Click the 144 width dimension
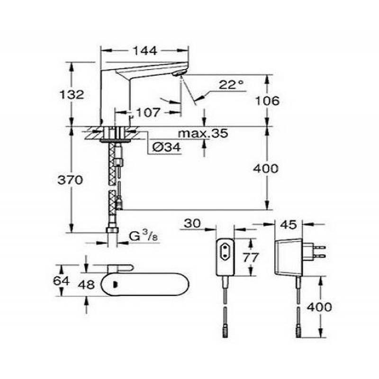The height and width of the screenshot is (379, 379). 145,51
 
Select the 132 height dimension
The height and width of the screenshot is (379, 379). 72,94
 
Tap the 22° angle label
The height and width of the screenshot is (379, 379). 231,85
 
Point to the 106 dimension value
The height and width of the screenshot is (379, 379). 267,100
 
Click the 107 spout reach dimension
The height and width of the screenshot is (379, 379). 148,112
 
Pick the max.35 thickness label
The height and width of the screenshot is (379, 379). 203,133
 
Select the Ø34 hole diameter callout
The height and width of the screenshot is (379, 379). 167,147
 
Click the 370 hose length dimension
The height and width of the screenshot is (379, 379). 70,180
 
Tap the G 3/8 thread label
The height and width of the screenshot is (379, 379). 144,236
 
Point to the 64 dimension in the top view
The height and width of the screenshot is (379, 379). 61,281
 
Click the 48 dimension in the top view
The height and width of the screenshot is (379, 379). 86,285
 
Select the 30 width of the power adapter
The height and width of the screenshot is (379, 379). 192,224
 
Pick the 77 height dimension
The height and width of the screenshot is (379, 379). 251,258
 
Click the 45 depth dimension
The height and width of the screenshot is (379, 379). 289,225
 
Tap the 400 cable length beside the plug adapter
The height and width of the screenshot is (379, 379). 319,307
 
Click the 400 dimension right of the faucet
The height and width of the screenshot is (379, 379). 266,169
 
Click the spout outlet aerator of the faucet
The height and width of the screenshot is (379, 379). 179,73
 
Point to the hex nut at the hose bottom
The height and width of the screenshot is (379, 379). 112,230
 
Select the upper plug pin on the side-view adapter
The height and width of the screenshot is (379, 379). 319,247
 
